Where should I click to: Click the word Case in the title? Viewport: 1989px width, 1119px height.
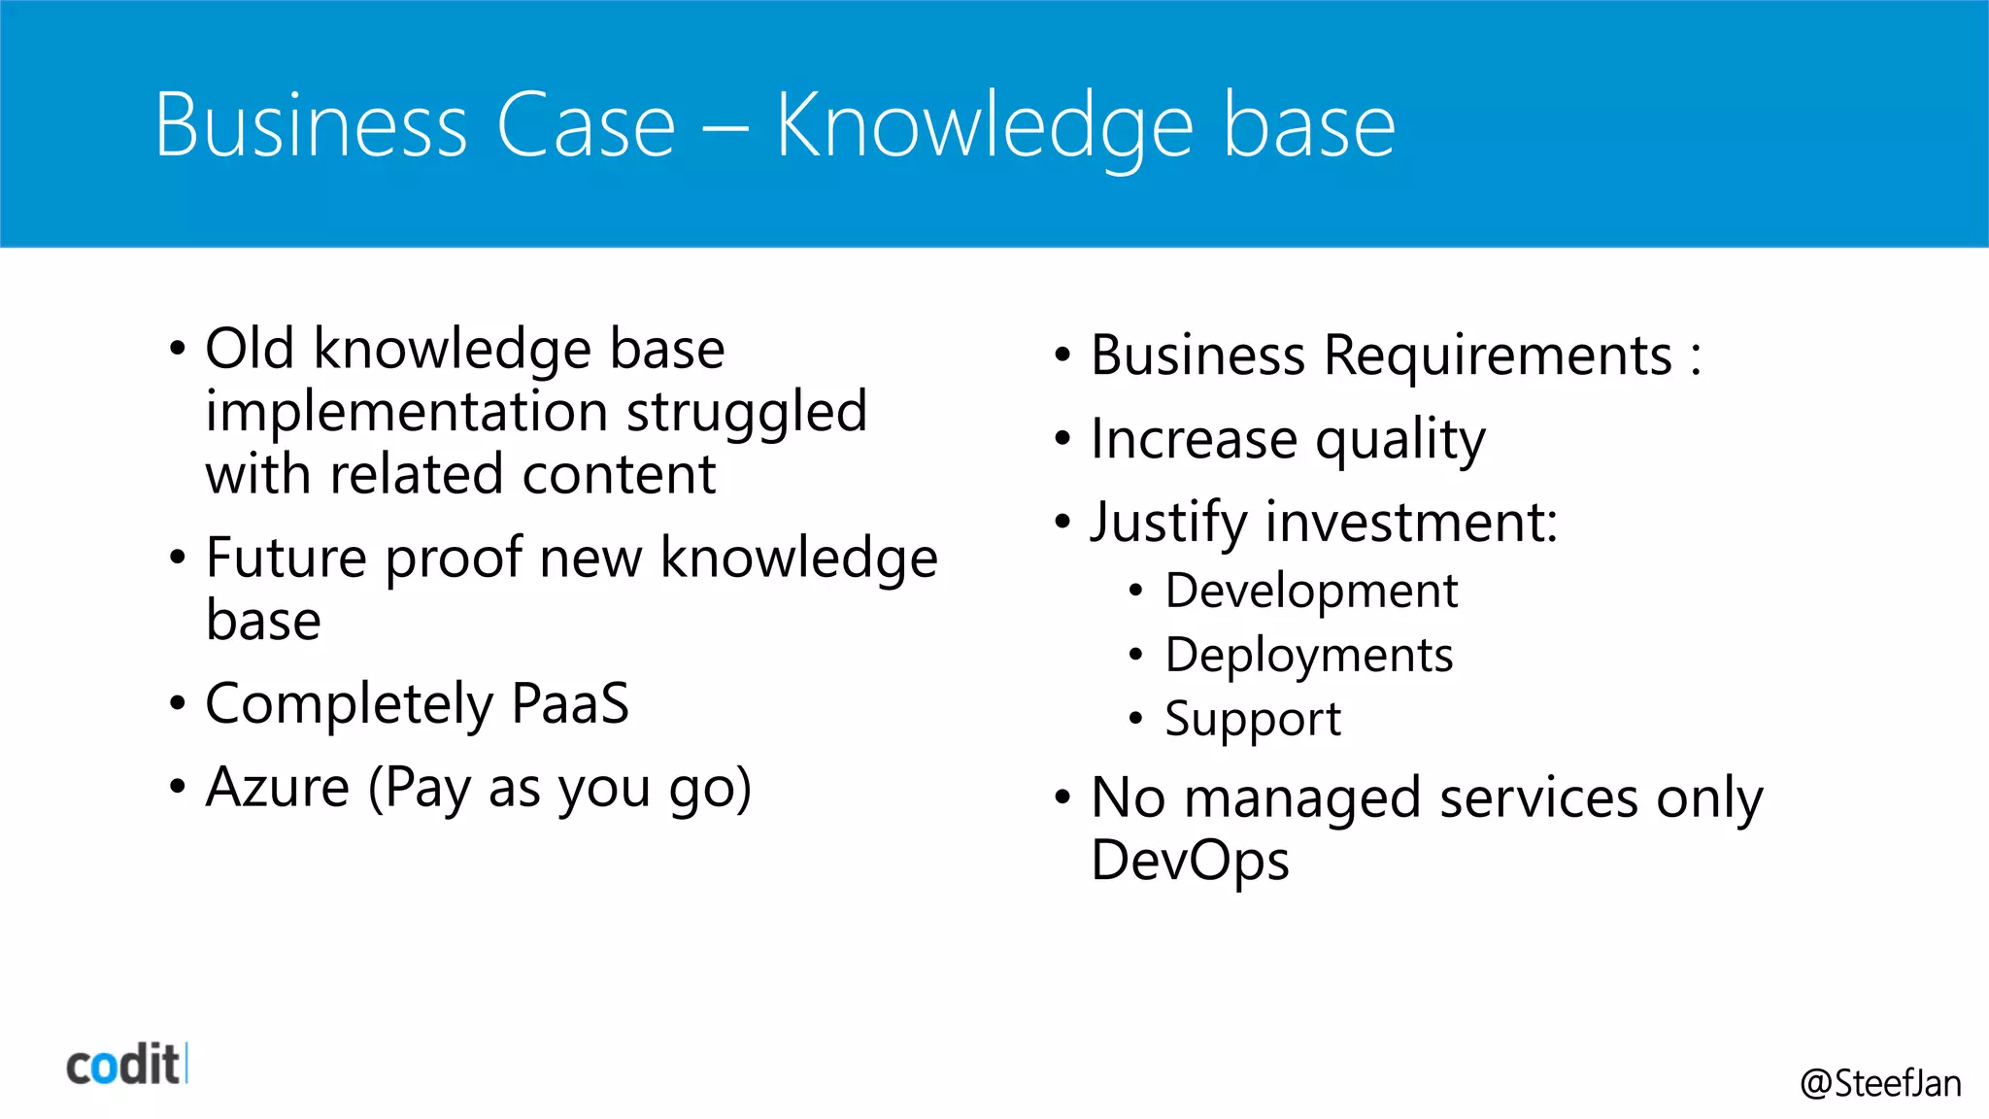pyautogui.click(x=586, y=125)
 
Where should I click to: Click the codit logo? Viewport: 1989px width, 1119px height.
pyautogui.click(x=124, y=1065)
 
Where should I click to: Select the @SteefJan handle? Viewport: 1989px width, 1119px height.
pyautogui.click(x=1879, y=1083)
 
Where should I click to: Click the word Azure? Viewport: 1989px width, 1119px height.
pyautogui.click(x=278, y=787)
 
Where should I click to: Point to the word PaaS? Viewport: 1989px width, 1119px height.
pyautogui.click(x=570, y=703)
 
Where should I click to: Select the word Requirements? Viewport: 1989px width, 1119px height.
pyautogui.click(x=1498, y=356)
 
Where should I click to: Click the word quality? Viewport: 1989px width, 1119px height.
pyautogui.click(x=1399, y=440)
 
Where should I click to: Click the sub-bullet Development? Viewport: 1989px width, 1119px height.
pyautogui.click(x=1311, y=592)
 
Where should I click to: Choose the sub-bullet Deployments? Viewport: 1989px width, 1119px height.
pyautogui.click(x=1308, y=656)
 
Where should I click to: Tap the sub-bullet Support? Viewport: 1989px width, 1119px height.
pyautogui.click(x=1253, y=720)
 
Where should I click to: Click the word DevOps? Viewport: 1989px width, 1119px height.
pyautogui.click(x=1190, y=862)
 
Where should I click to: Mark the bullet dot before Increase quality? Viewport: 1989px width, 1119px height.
pyautogui.click(x=1062, y=439)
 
